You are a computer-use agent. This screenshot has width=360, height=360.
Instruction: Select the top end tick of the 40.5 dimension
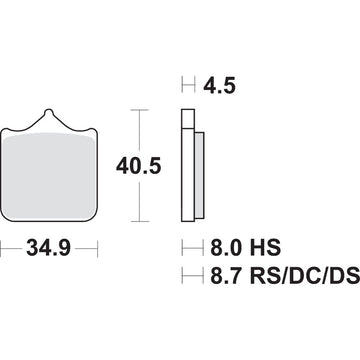[x=138, y=108]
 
